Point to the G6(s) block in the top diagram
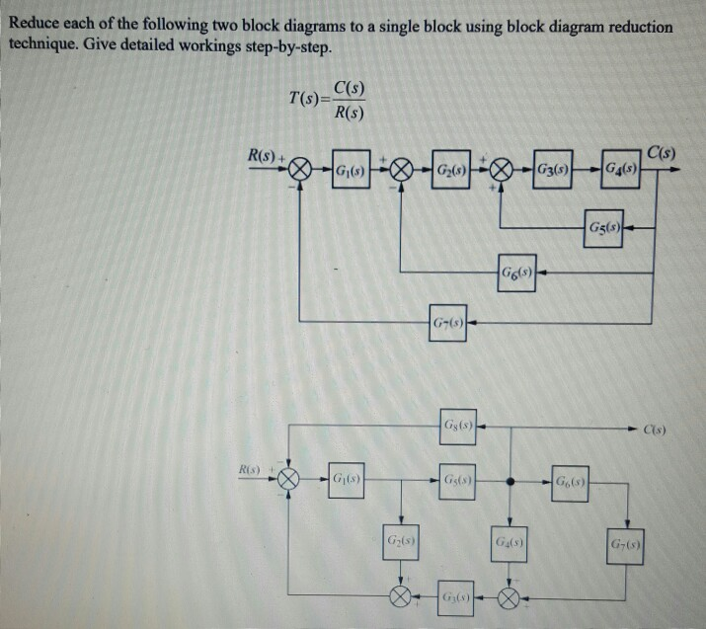[516, 272]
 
